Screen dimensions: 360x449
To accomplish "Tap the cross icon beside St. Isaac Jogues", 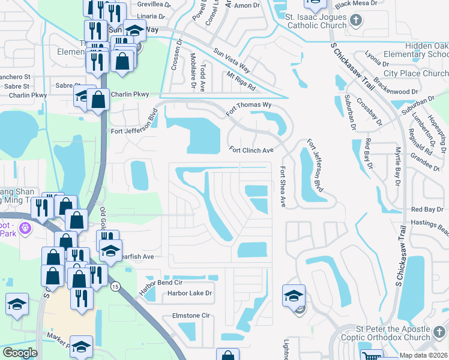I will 356,21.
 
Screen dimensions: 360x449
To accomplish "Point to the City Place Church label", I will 416,74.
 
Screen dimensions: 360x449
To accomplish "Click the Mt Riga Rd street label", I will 241,81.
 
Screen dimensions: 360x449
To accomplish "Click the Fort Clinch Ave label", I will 252,150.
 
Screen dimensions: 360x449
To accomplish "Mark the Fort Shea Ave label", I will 282,188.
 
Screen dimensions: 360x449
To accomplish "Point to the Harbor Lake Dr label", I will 190,293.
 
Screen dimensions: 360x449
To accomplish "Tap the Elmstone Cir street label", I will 190,315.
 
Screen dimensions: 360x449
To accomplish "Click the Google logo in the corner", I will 20,353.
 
